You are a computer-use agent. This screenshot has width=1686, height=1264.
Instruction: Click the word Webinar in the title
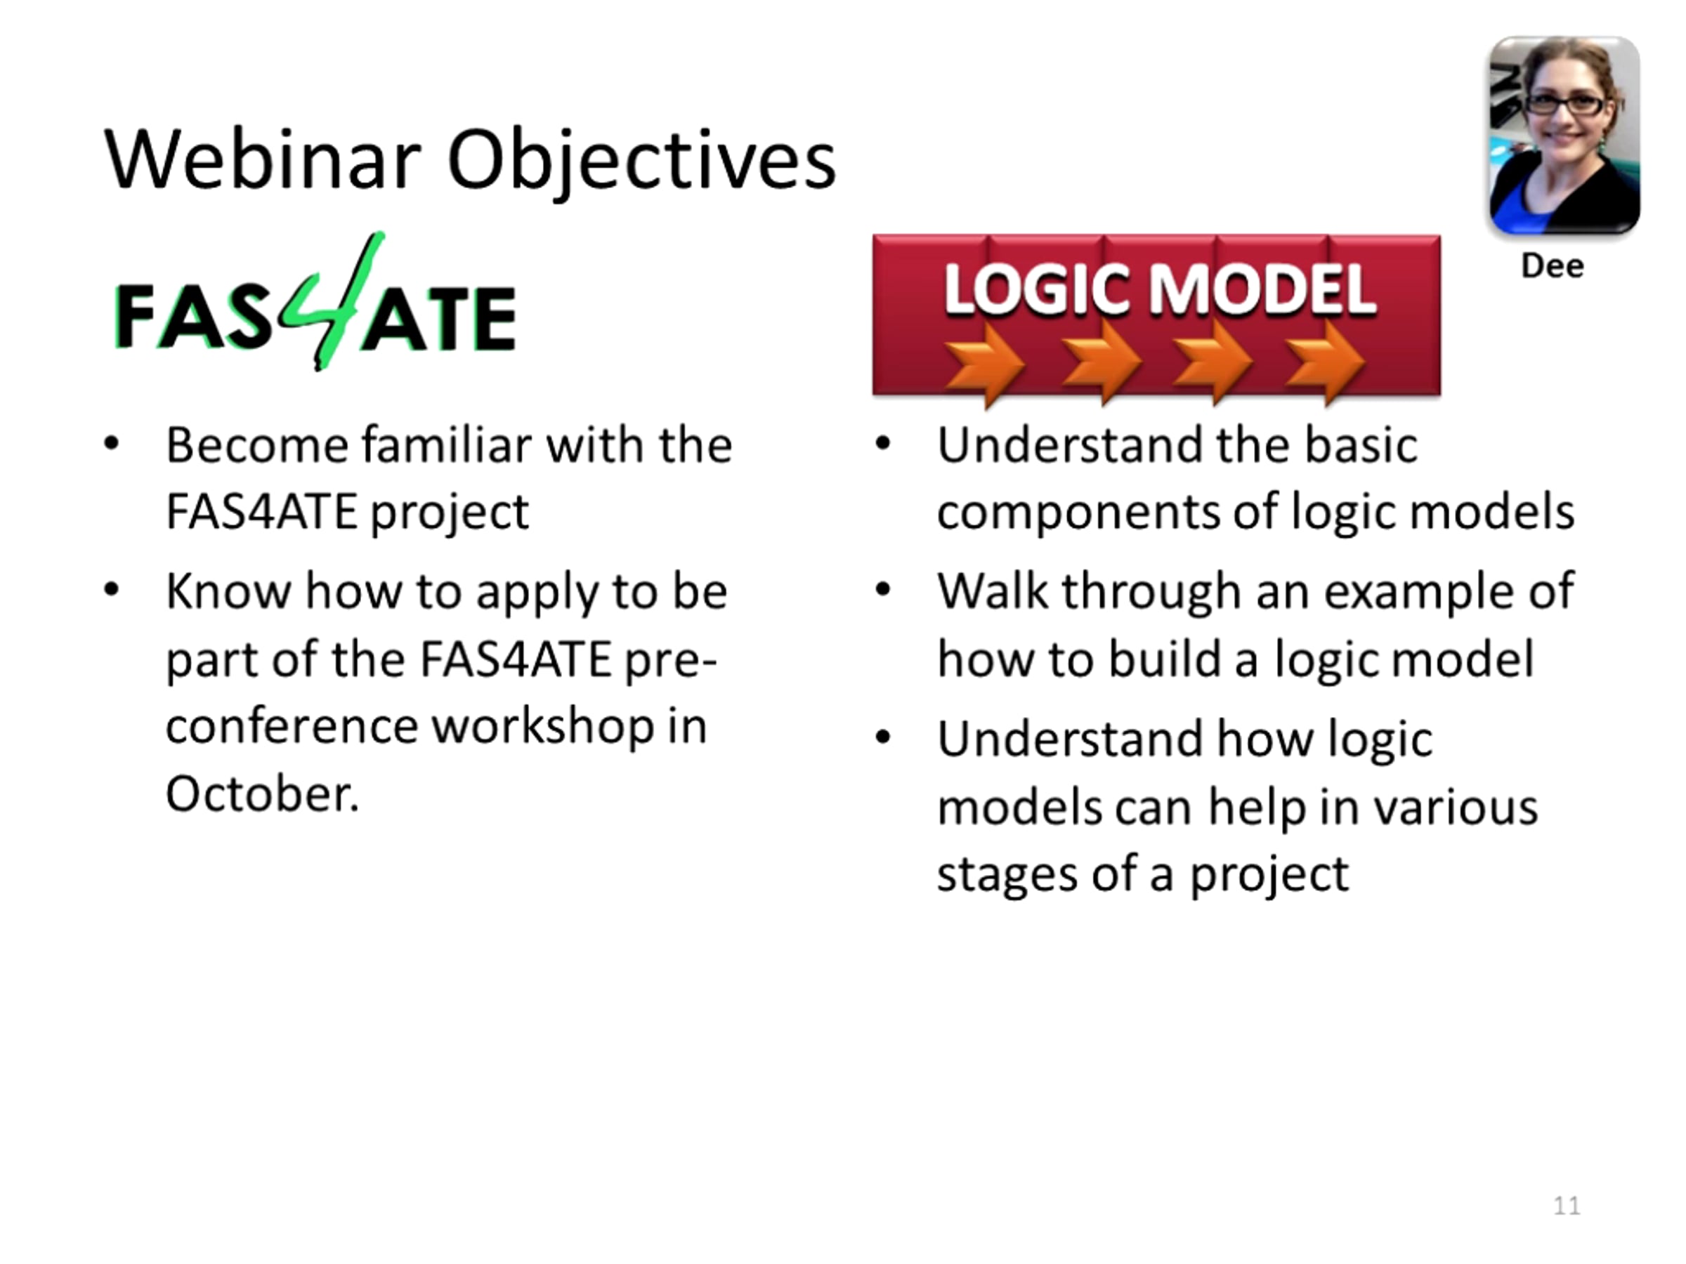(262, 160)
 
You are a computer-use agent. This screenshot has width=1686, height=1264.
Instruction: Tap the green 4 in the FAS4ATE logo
(332, 301)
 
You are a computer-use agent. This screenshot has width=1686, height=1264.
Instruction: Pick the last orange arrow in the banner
(1324, 362)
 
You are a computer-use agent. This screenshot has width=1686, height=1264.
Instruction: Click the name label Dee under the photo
(1552, 266)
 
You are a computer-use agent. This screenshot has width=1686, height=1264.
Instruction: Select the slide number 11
(1567, 1205)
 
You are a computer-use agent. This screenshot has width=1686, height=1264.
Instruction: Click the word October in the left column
(261, 794)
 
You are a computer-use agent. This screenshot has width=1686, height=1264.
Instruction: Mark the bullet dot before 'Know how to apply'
(112, 589)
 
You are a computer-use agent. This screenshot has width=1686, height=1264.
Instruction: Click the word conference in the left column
(291, 727)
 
